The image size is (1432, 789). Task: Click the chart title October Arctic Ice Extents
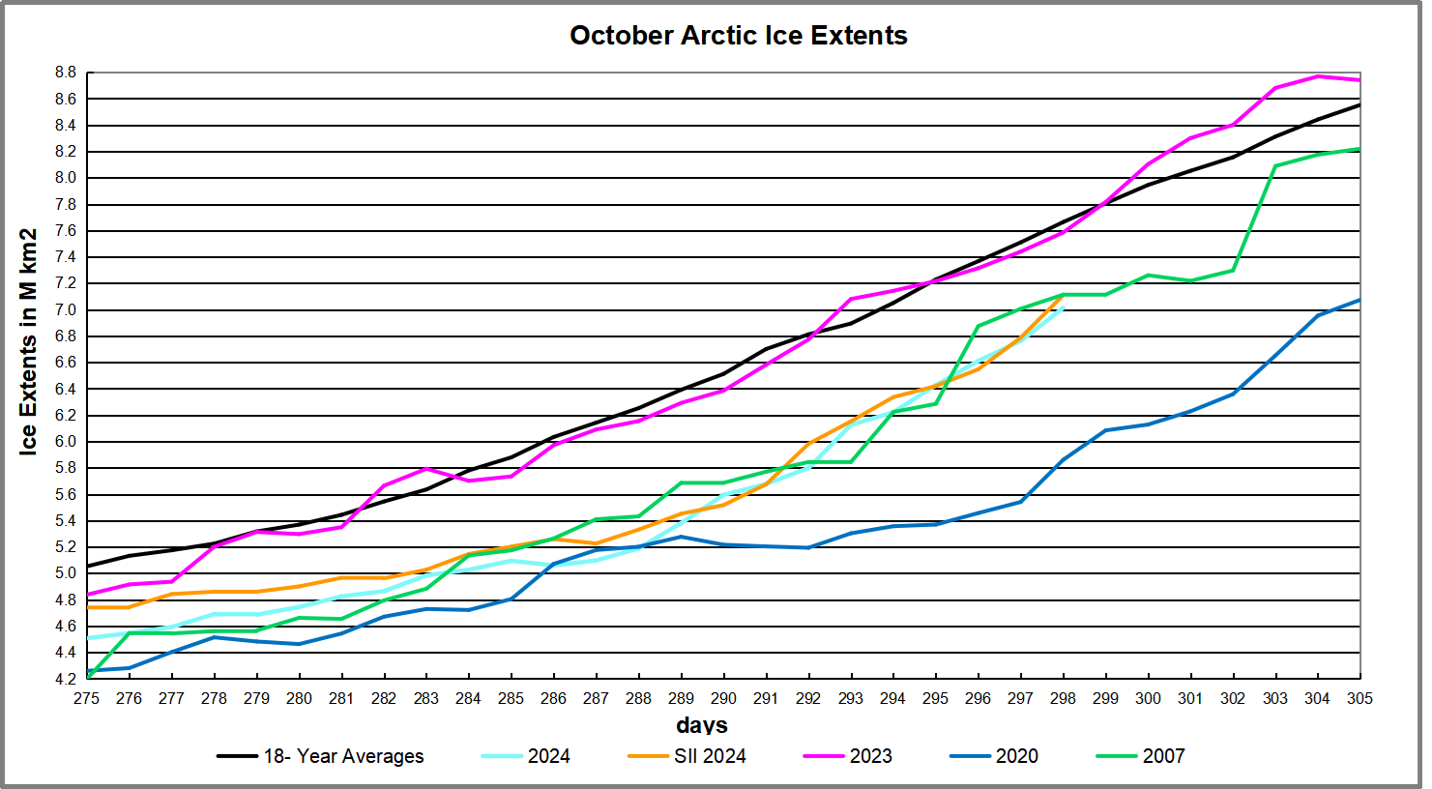pyautogui.click(x=738, y=36)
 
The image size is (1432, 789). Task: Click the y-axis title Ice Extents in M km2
pyautogui.click(x=28, y=341)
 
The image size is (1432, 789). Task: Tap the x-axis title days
pyautogui.click(x=702, y=725)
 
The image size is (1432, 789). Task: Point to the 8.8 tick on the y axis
pyautogui.click(x=65, y=73)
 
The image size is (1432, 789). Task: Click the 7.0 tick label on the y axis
pyautogui.click(x=65, y=310)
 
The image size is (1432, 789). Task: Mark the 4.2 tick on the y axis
pyautogui.click(x=65, y=679)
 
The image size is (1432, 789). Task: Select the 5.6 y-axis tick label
pyautogui.click(x=65, y=494)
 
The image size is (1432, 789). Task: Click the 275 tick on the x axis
pyautogui.click(x=87, y=698)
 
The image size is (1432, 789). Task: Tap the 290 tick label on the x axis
pyautogui.click(x=723, y=698)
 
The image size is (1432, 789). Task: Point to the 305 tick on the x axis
pyautogui.click(x=1359, y=698)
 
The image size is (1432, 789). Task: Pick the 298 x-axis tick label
pyautogui.click(x=1063, y=698)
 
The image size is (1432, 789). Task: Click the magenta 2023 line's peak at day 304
pyautogui.click(x=1317, y=76)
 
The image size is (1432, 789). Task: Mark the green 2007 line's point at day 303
pyautogui.click(x=1275, y=166)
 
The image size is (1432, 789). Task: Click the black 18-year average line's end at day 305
pyautogui.click(x=1359, y=104)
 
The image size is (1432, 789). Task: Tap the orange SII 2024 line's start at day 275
pyautogui.click(x=88, y=607)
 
